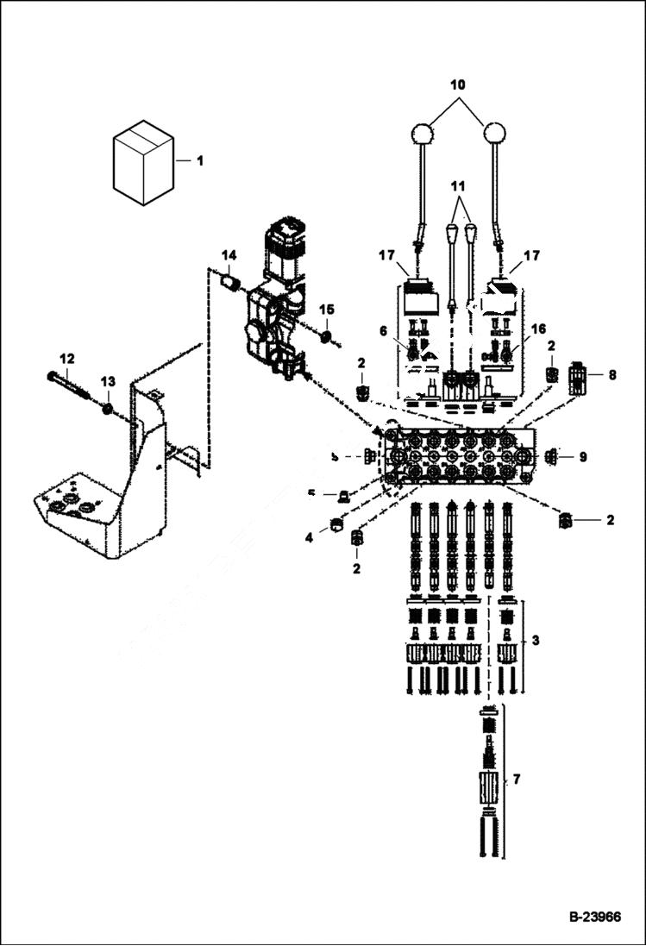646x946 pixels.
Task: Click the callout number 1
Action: [x=200, y=160]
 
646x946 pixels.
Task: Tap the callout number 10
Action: [x=457, y=85]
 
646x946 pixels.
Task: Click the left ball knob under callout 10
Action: [x=422, y=135]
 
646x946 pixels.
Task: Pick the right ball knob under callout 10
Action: [x=494, y=135]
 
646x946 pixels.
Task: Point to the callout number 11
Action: [x=458, y=185]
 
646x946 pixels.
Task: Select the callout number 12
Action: [x=67, y=358]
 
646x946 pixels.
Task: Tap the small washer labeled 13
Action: [x=108, y=407]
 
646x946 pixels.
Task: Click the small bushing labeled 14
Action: [x=230, y=281]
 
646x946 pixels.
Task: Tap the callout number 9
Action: [x=583, y=456]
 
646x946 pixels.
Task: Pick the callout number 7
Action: [x=517, y=780]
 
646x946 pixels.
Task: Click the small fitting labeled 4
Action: [x=338, y=525]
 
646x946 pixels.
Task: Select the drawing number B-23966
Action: [x=594, y=917]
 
